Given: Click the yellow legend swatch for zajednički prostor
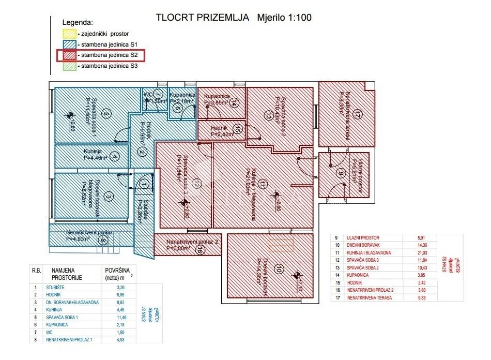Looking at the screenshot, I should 68,33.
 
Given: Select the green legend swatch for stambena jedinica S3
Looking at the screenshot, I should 68,66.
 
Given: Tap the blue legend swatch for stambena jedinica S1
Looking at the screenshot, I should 68,44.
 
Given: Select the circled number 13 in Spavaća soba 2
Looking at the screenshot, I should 268,116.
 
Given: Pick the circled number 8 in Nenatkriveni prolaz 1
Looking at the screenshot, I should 103,240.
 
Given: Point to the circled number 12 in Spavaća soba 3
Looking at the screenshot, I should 196,183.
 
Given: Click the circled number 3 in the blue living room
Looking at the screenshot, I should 109,196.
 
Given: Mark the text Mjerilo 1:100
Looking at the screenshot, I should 284,17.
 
